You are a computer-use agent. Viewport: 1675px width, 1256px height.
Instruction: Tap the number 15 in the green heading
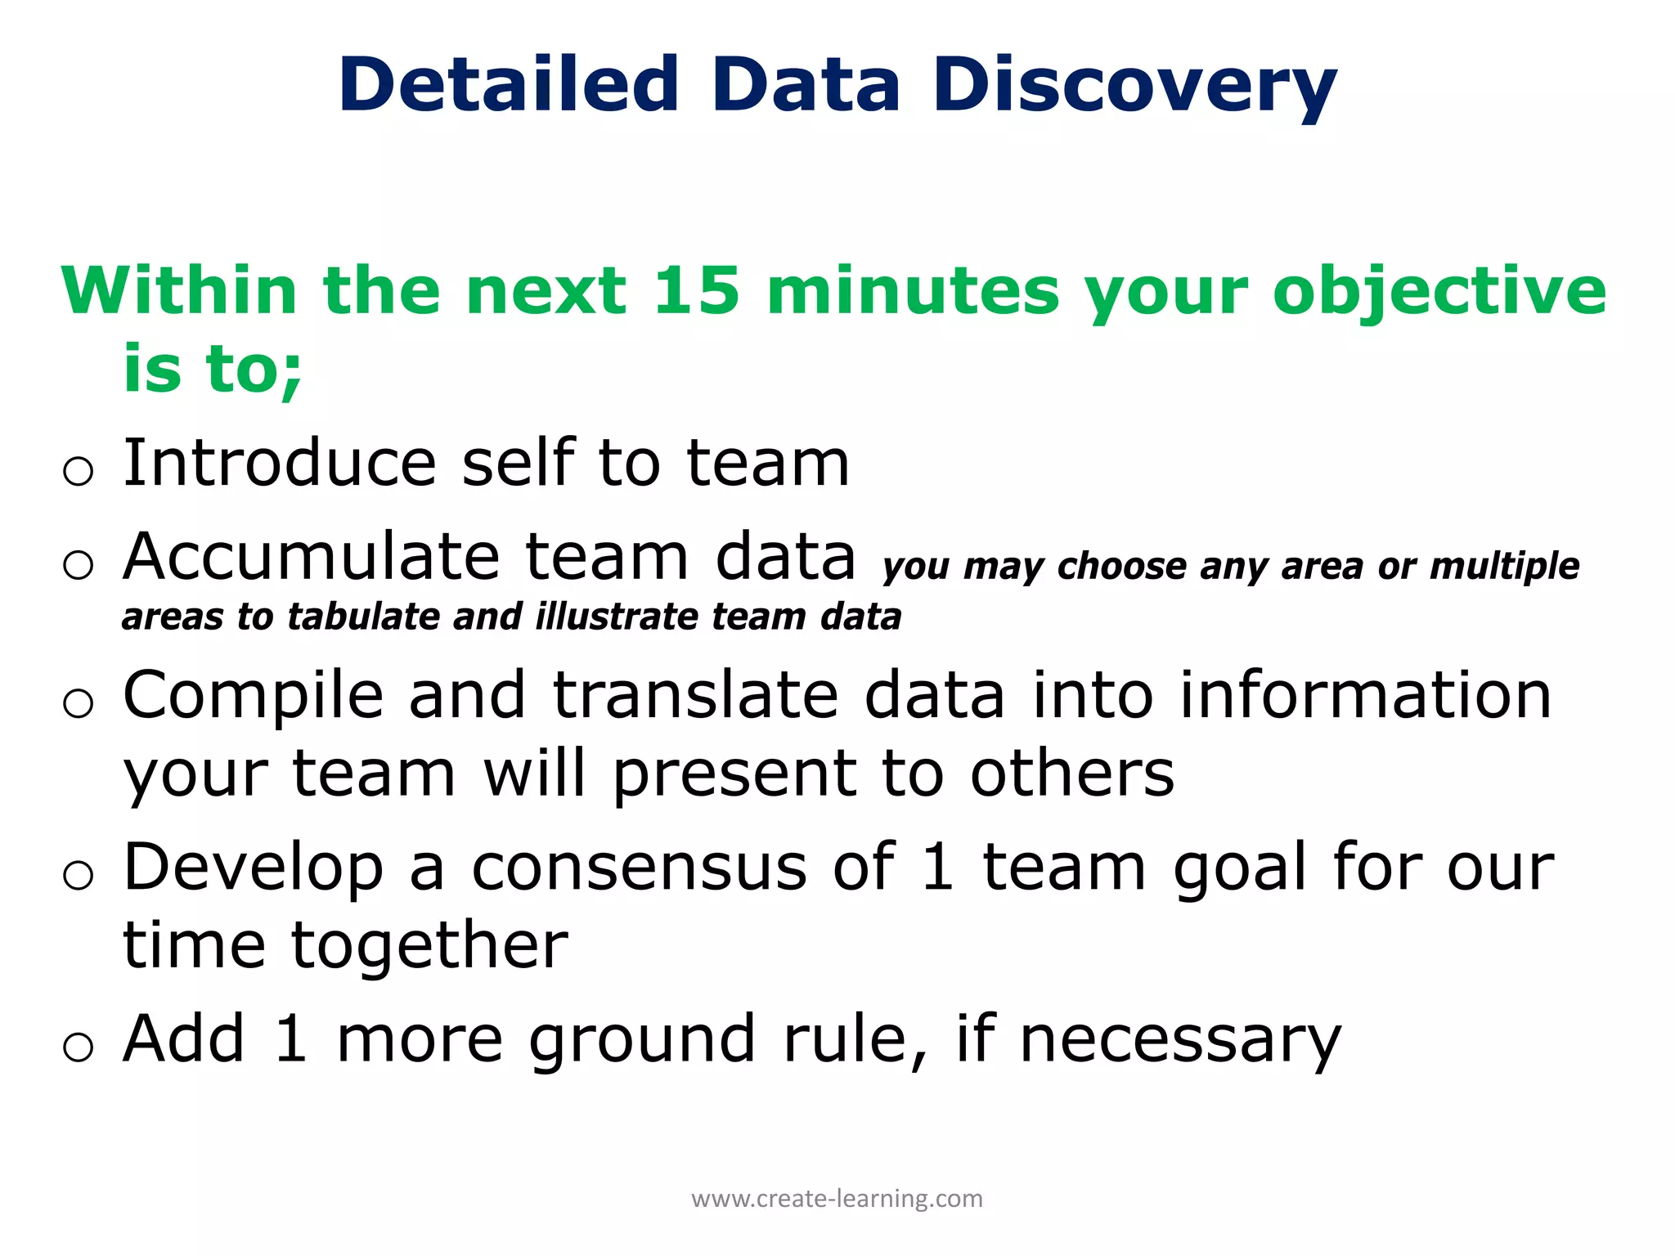coord(697,290)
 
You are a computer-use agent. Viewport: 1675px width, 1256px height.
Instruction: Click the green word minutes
coord(913,290)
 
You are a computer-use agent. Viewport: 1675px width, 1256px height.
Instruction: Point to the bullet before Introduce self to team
coord(78,471)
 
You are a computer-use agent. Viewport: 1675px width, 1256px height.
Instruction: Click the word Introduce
coord(279,463)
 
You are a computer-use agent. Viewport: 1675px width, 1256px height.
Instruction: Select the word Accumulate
coord(311,557)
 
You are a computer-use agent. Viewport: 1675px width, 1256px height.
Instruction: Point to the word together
coord(429,947)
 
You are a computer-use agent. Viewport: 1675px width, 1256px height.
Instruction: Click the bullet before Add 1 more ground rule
coord(78,1047)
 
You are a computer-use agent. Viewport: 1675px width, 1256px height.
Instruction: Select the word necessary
coord(1180,1040)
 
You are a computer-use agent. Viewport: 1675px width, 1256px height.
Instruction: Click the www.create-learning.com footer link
coord(837,1199)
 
